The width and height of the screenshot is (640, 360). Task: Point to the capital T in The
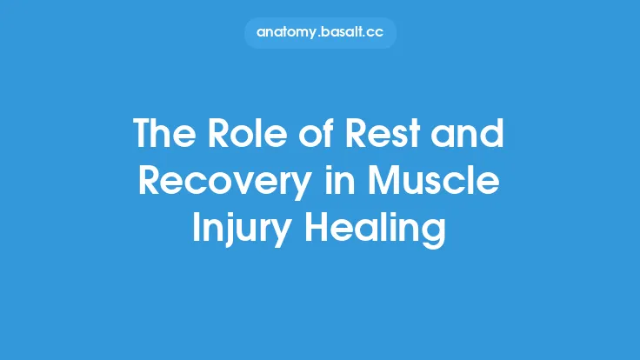tap(142, 135)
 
